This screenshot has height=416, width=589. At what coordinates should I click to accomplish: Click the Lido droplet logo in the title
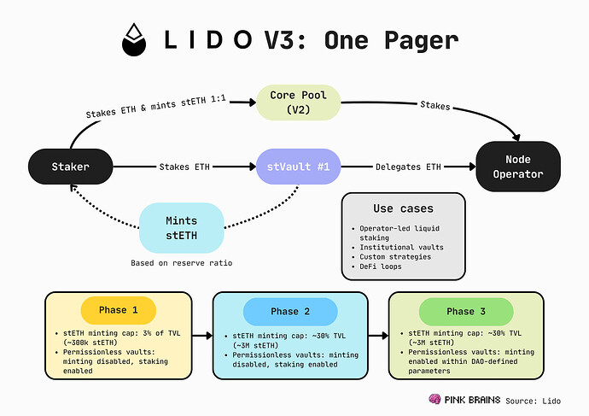click(131, 39)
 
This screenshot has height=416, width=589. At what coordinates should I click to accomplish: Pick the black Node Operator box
click(517, 167)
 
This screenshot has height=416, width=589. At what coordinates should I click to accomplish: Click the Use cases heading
click(403, 208)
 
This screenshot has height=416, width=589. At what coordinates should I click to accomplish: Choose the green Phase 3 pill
click(466, 311)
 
